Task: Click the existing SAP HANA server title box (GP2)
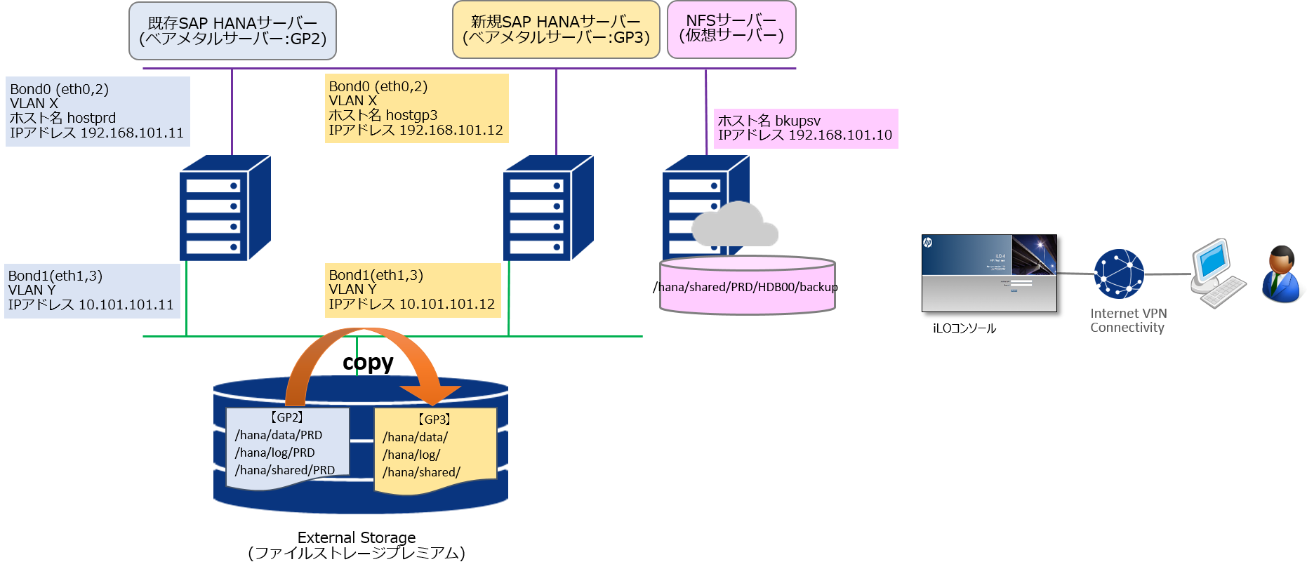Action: [x=232, y=31]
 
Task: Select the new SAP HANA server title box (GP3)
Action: [x=556, y=30]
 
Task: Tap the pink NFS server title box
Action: [x=731, y=29]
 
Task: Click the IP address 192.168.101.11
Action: [x=132, y=133]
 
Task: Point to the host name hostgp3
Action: [x=411, y=115]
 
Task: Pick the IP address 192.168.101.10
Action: [x=840, y=135]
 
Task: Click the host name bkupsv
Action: [x=797, y=121]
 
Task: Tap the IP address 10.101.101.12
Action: [x=446, y=304]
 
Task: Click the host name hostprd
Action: [x=91, y=118]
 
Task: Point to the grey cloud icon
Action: [x=734, y=225]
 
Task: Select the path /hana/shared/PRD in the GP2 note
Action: [x=285, y=470]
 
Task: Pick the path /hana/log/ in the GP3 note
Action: [x=411, y=455]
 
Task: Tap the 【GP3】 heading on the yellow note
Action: [x=434, y=420]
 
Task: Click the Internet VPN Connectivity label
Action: [x=1128, y=321]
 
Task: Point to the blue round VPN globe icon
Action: [x=1119, y=274]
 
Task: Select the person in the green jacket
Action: [x=1282, y=274]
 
